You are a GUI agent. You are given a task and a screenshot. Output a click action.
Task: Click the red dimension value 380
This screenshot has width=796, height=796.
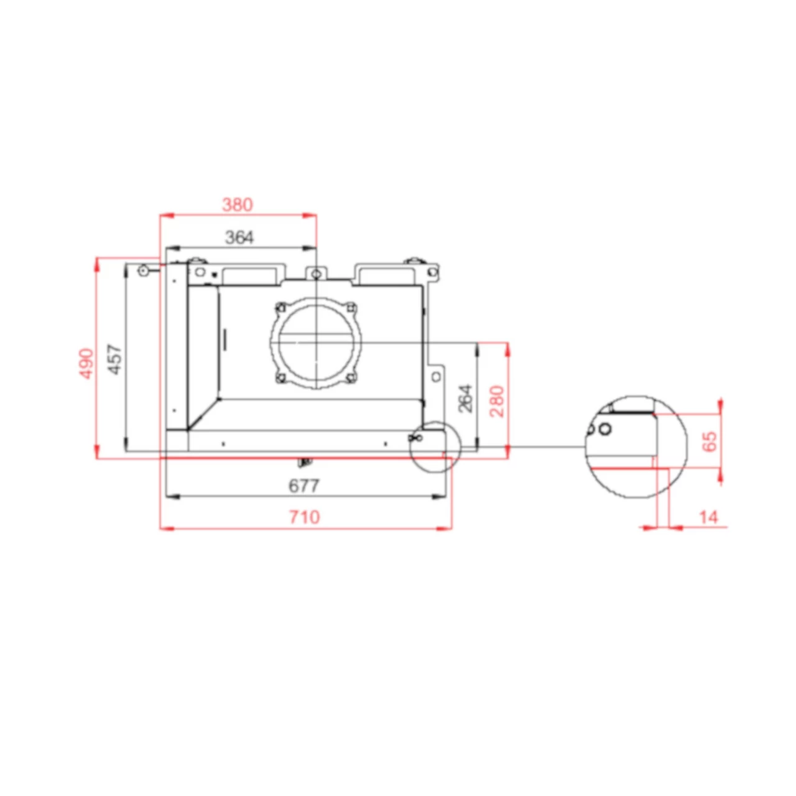point(238,205)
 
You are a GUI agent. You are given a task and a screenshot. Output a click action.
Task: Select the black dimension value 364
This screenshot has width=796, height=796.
point(239,237)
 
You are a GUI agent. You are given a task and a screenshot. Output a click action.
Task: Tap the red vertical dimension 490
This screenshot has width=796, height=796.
point(86,363)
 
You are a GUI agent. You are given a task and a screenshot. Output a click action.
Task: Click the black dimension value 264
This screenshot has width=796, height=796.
point(465,398)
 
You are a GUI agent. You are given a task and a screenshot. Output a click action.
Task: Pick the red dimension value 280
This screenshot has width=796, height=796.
point(497,401)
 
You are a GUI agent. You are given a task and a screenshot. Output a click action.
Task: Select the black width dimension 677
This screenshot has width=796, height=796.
point(304,486)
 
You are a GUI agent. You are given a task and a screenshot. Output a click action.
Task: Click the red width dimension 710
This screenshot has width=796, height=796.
point(304,517)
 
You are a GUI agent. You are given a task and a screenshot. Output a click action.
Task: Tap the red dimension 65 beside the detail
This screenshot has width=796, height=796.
point(709,441)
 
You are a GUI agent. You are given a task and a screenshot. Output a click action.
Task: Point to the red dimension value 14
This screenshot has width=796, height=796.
point(708,517)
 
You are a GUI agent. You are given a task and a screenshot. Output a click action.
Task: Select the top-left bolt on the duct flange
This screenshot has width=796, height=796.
point(280,307)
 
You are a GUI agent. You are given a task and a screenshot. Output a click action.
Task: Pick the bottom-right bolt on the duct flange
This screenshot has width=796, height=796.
point(351,377)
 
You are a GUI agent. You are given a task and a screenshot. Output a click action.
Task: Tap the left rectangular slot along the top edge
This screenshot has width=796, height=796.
point(248,274)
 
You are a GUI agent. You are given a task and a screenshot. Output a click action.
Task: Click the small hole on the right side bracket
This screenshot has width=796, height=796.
point(437,376)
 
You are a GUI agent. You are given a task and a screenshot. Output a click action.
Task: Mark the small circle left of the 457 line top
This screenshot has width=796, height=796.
point(143,271)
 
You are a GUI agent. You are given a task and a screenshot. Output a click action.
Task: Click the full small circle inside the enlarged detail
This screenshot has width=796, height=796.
point(605,428)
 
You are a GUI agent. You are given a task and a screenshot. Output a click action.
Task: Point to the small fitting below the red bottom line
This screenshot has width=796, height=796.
point(305,462)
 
